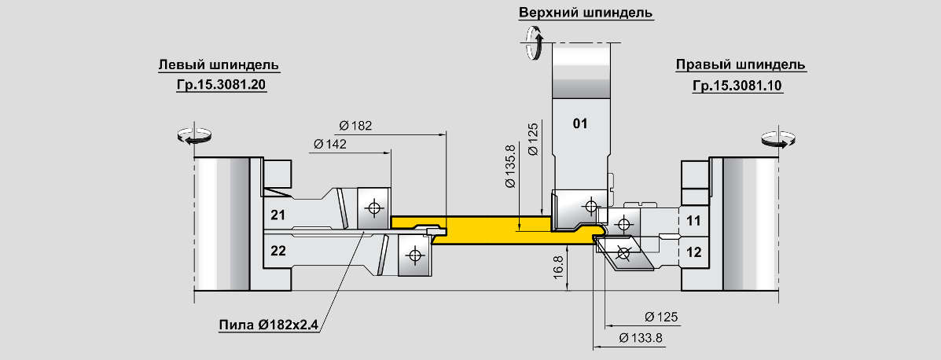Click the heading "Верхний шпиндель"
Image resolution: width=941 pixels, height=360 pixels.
click(x=586, y=13)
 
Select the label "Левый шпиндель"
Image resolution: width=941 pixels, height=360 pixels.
click(x=219, y=64)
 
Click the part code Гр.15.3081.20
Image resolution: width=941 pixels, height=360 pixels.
click(x=222, y=85)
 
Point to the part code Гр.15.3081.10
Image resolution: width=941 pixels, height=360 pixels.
click(x=737, y=85)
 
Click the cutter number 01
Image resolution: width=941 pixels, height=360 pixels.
click(x=580, y=123)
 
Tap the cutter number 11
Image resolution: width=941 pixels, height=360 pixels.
click(x=693, y=220)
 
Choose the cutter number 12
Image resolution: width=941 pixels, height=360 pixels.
click(x=693, y=252)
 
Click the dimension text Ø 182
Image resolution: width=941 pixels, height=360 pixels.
click(x=355, y=125)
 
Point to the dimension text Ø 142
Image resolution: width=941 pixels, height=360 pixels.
click(x=329, y=144)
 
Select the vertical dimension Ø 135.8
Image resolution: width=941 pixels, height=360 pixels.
click(x=511, y=166)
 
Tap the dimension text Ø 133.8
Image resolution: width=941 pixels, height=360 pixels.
click(x=641, y=338)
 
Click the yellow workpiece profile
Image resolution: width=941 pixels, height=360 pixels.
click(x=487, y=228)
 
